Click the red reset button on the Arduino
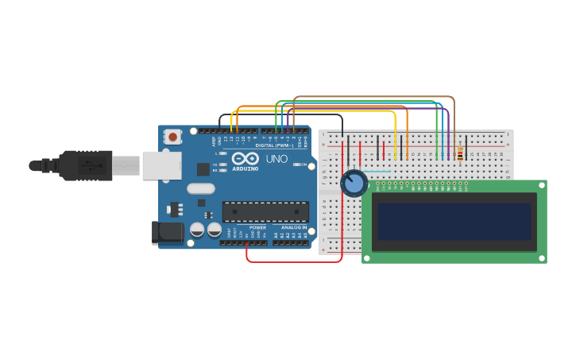(172, 137)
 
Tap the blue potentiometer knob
(354, 184)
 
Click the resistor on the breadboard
(460, 153)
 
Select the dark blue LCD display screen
(454, 222)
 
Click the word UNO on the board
(276, 159)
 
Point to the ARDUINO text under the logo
(245, 168)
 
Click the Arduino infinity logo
(245, 158)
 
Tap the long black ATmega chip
(265, 211)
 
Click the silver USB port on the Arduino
(161, 165)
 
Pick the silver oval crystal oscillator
(201, 189)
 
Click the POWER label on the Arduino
(257, 227)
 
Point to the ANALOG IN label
(293, 227)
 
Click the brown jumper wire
(373, 97)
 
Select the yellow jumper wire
(318, 111)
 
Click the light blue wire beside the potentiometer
(377, 171)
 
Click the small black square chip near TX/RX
(203, 168)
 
